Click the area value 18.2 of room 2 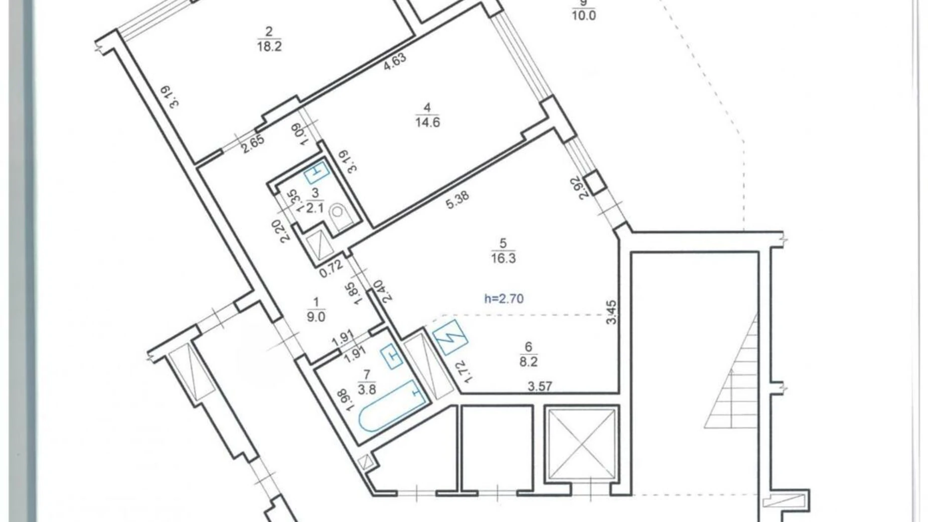point(269,47)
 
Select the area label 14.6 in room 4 point(427,122)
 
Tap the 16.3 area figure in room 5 point(503,258)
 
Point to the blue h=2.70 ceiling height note point(504,299)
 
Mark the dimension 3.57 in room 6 point(540,386)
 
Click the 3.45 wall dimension point(611,312)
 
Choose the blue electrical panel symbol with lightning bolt point(450,337)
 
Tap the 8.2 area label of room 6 point(528,361)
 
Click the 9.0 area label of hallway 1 point(316,317)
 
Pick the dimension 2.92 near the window point(582,188)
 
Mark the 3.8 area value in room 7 point(367,389)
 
